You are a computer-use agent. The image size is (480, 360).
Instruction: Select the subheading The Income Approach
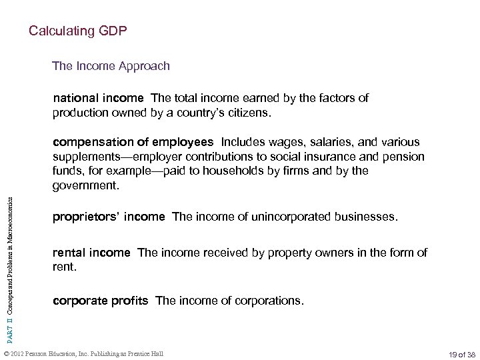coord(111,66)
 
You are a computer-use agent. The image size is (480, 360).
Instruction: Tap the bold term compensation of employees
coord(133,141)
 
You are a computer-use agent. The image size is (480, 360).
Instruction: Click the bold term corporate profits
coord(100,301)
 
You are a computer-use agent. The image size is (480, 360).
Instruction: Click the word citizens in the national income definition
coord(250,113)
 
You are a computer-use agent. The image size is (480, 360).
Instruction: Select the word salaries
coord(311,141)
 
